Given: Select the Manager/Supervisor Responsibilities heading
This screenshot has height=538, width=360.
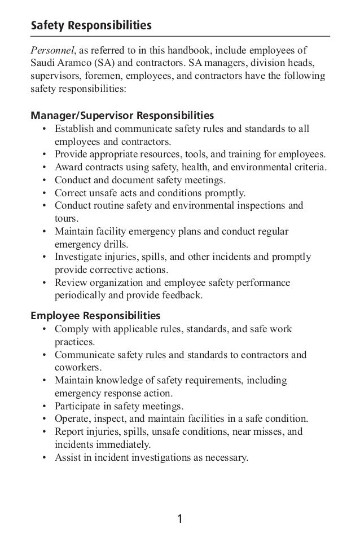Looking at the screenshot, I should point(122,116).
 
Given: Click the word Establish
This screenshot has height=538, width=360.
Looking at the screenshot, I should point(76,129).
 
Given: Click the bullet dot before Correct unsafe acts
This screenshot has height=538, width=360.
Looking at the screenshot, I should point(44,193).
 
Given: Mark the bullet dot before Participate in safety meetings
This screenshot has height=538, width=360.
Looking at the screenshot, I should point(44,405).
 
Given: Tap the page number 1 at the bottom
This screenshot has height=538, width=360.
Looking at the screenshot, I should point(180,519).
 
